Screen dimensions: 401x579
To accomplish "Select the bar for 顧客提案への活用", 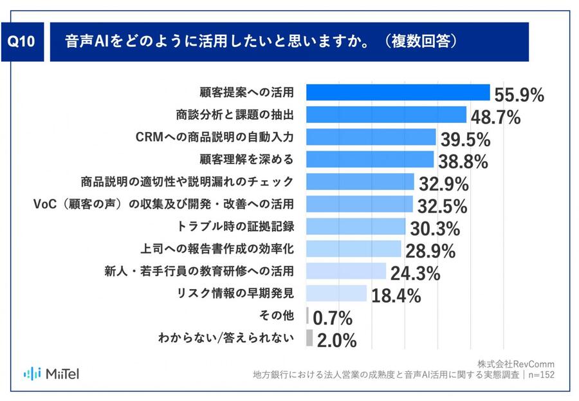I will (398, 93).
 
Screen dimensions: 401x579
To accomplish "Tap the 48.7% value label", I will (496, 118).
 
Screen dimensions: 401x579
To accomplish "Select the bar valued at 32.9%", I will (360, 182).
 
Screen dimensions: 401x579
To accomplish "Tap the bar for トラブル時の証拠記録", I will (356, 226).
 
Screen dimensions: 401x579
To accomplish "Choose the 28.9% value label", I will (430, 250).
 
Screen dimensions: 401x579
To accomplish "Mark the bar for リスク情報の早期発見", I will (336, 293).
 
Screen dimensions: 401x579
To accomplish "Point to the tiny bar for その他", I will (308, 315).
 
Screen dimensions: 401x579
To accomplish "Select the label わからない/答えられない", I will (226, 337).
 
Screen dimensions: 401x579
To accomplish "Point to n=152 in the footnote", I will (540, 375).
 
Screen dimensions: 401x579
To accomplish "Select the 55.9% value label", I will (519, 95).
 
